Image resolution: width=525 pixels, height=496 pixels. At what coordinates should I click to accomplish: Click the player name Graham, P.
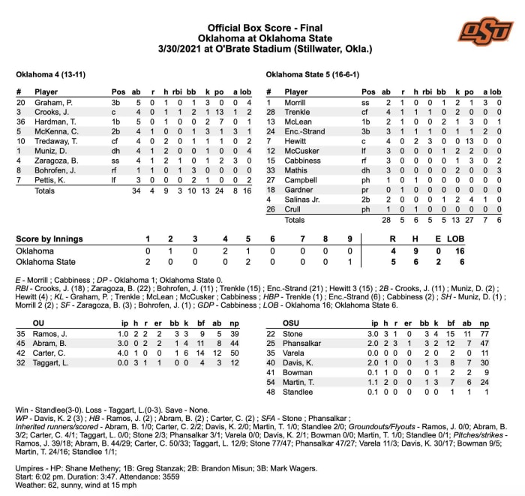(x=52, y=102)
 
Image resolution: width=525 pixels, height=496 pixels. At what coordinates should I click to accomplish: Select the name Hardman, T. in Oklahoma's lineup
(x=54, y=121)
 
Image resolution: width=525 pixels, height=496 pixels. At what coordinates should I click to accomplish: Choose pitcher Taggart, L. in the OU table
(x=53, y=362)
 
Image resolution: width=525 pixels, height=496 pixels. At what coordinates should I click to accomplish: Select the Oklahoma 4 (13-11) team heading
(x=48, y=76)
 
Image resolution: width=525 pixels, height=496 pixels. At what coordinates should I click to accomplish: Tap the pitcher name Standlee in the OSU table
(x=299, y=392)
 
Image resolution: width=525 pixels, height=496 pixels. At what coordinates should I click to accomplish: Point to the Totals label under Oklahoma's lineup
(x=46, y=191)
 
